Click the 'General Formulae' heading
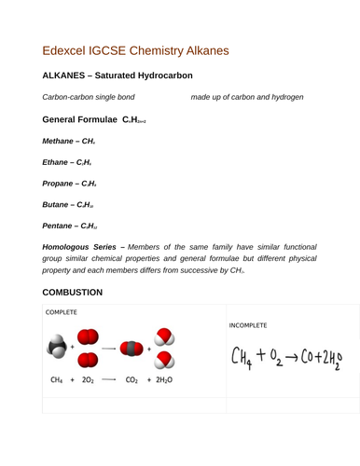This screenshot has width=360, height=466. click(x=80, y=120)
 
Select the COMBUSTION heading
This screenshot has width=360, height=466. click(x=77, y=293)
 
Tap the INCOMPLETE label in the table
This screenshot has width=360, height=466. click(x=248, y=325)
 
